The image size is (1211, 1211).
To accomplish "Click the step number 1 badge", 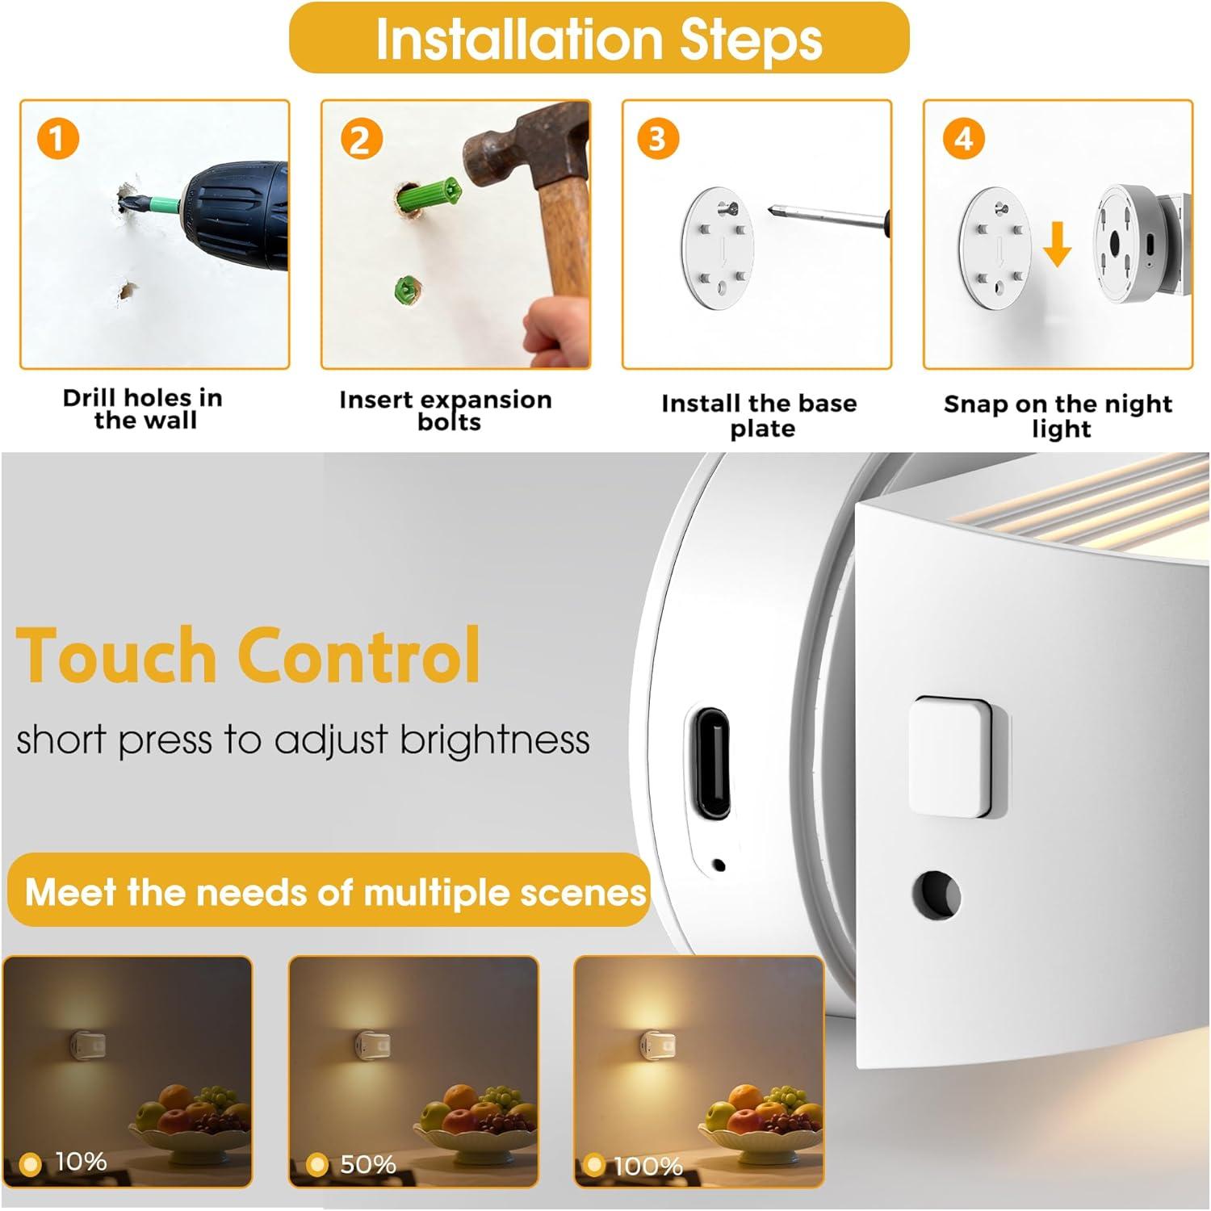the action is (x=57, y=138).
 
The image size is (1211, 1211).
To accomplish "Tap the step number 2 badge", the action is (x=360, y=140).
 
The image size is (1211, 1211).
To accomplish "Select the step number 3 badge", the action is (x=658, y=138).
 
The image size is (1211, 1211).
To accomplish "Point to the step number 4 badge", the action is (x=963, y=138).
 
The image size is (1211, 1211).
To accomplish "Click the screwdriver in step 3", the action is (x=828, y=217).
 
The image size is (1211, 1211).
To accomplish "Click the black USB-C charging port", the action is (x=710, y=762).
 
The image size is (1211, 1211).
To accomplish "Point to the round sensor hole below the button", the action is (x=937, y=895).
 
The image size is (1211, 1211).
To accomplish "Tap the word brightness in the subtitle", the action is (x=495, y=739).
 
